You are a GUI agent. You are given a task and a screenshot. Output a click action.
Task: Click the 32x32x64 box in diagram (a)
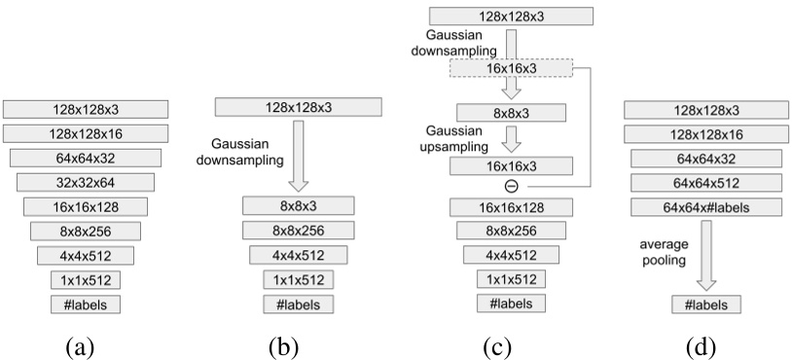click(86, 181)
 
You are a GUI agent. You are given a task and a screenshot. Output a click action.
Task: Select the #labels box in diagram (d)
click(706, 305)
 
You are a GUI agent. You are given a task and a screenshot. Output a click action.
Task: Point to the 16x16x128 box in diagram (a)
click(86, 206)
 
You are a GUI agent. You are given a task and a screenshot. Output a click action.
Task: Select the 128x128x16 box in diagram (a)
click(86, 132)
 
